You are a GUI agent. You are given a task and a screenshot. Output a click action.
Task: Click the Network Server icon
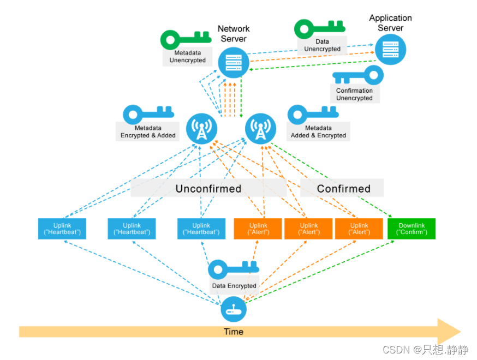click(234, 63)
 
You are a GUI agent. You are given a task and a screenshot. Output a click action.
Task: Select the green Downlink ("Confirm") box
click(412, 229)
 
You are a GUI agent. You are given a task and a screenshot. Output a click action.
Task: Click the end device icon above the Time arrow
click(234, 310)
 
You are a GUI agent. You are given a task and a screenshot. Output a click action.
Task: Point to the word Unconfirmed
click(208, 189)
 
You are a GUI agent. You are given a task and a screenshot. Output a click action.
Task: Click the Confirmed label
click(343, 189)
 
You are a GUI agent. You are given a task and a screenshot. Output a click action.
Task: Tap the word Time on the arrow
click(234, 332)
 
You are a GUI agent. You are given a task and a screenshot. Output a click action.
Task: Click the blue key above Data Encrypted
click(234, 268)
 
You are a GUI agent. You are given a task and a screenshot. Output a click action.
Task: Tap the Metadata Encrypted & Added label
click(148, 132)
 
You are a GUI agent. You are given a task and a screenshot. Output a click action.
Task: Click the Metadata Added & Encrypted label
click(318, 132)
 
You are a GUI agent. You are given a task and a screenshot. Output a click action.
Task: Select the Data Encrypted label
click(234, 286)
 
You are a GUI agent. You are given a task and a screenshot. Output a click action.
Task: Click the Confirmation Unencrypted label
click(354, 94)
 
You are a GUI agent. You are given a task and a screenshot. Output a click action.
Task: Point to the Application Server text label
click(390, 23)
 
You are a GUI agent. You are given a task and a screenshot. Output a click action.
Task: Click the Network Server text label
click(234, 34)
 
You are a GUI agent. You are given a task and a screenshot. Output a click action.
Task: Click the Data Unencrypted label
click(322, 45)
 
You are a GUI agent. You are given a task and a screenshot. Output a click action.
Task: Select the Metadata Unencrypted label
click(187, 57)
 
